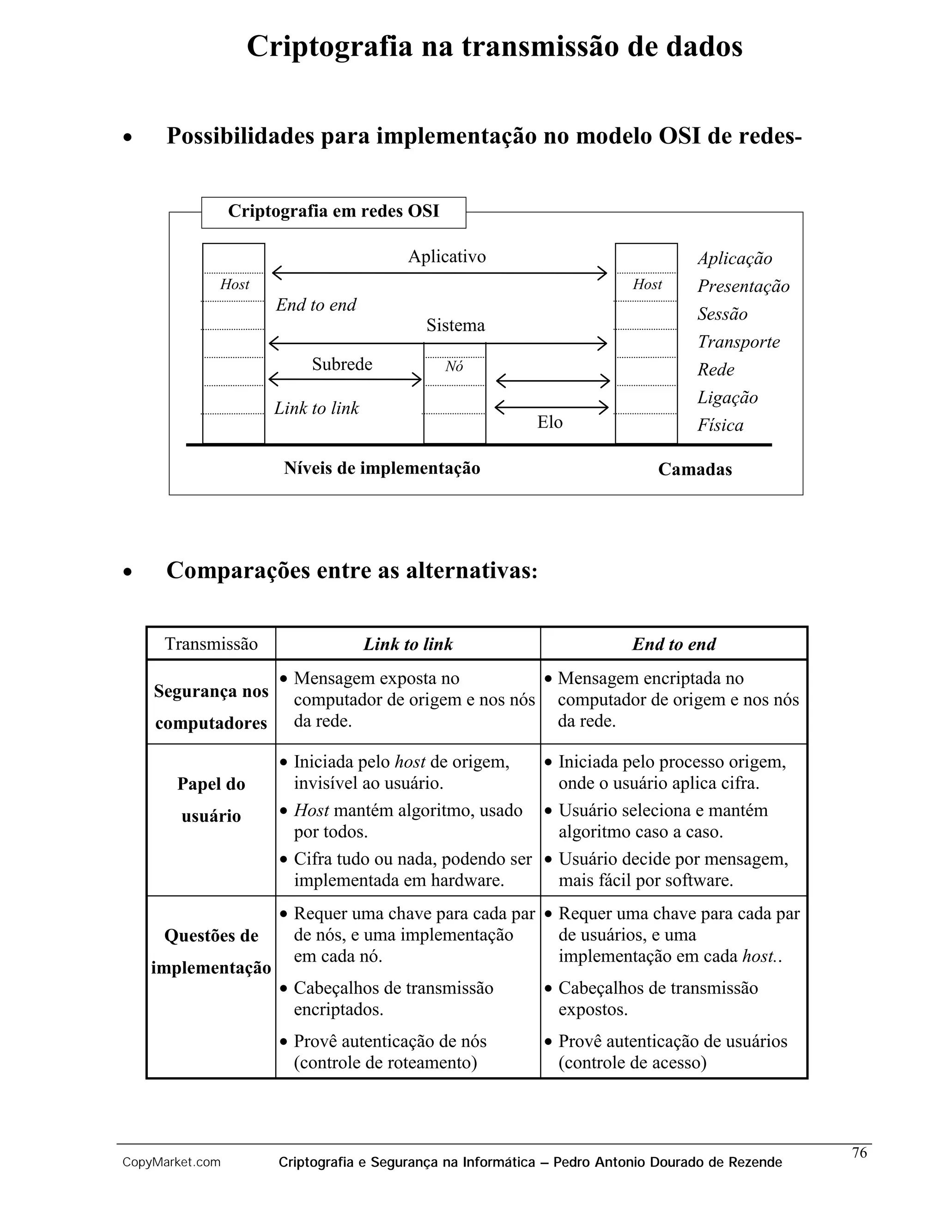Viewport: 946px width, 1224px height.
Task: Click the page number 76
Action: [859, 1152]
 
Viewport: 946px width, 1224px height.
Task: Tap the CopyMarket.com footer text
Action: [171, 1163]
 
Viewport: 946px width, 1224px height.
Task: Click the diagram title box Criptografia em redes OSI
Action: [334, 212]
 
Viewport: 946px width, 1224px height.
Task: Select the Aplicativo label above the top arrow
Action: [447, 257]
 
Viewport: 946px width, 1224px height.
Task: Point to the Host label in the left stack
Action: [234, 285]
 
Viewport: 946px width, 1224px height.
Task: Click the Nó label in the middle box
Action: [454, 367]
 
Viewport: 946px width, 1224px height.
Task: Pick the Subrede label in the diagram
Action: [342, 364]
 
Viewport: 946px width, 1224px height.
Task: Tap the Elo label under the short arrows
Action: [549, 422]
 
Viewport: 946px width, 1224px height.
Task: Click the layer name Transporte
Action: [738, 342]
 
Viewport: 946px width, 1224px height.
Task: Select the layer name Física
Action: [720, 425]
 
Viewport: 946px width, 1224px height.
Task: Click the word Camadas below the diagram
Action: [695, 470]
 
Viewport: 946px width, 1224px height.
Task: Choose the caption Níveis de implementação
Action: [382, 468]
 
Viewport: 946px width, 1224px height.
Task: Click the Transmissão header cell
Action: [211, 644]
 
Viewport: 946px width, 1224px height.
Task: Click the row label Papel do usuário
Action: [211, 800]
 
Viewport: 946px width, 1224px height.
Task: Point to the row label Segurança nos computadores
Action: [211, 707]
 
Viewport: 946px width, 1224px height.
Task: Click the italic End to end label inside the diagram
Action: [316, 305]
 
